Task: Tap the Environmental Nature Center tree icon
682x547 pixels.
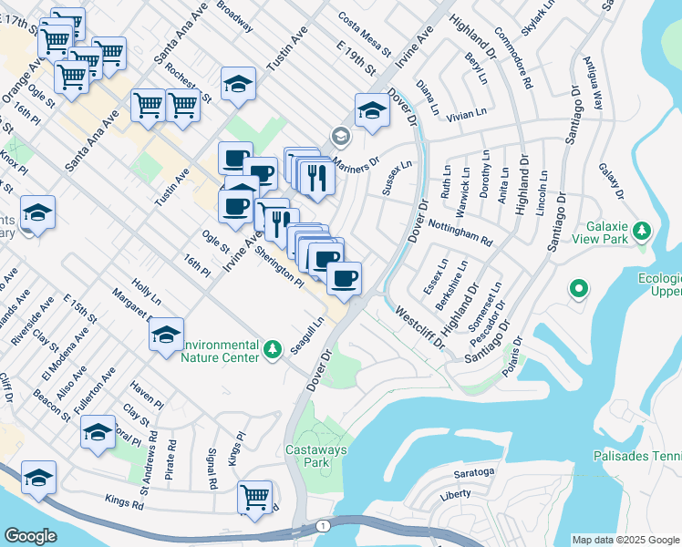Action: [272, 349]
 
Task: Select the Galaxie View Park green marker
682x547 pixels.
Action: [642, 230]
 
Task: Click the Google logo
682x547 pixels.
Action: [30, 536]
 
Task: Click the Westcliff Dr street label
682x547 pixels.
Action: [418, 327]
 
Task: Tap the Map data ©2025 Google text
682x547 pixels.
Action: [626, 539]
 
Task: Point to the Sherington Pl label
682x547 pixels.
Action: [279, 266]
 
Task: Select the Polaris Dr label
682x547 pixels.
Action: [516, 357]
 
